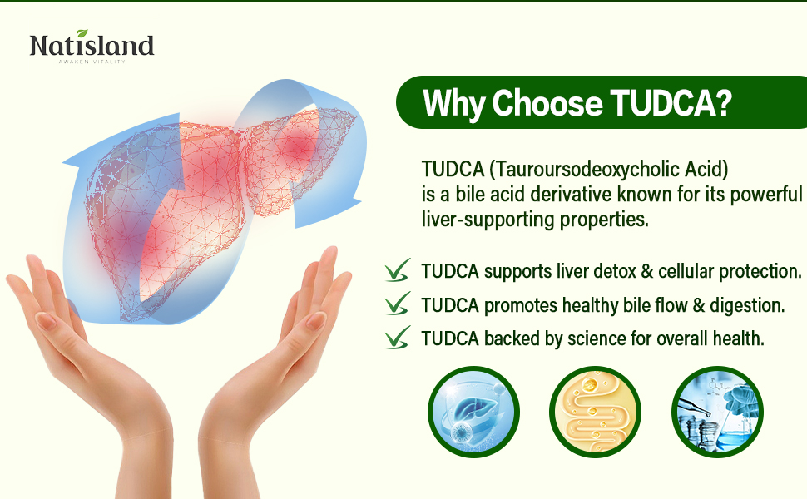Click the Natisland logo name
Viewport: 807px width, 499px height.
(92, 46)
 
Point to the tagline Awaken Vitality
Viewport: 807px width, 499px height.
(92, 62)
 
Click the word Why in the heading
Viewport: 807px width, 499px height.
(454, 103)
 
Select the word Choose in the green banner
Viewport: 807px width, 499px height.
(546, 103)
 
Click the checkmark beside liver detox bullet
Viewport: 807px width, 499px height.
(397, 270)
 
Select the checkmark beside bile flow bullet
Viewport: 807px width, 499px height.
(397, 304)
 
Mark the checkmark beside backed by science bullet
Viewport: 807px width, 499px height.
(397, 337)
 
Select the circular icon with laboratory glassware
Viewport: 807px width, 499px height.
(716, 413)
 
